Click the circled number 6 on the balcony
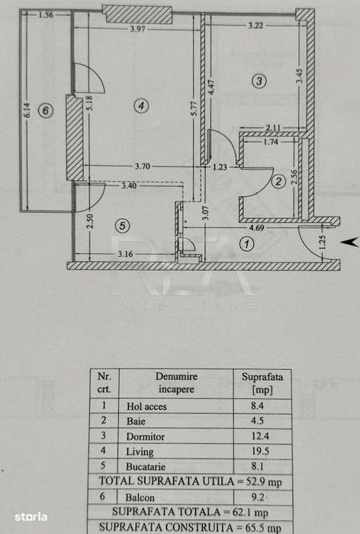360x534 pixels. pos(45,111)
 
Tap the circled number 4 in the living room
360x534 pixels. pos(140,105)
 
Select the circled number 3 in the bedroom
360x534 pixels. pos(259,81)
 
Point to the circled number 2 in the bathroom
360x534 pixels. pos(278,182)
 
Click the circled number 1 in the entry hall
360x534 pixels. pos(247,244)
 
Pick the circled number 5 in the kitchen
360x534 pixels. pos(122,226)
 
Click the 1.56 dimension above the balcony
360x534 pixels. pos(46,14)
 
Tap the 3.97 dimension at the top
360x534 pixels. pos(137,29)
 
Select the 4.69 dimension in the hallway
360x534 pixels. pos(256,227)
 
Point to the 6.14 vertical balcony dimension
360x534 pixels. pos(27,111)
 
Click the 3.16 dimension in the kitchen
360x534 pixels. pos(125,254)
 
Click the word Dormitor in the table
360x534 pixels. pos(145,436)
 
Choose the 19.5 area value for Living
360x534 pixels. pos(260,452)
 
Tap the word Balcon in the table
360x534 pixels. pos(140,497)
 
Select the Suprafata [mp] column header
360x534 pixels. pos(262,383)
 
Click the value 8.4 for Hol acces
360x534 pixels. pos(257,406)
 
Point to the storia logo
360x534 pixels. pos(31,516)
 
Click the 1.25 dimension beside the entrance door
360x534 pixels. pos(323,243)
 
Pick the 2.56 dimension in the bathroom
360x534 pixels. pos(294,177)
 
